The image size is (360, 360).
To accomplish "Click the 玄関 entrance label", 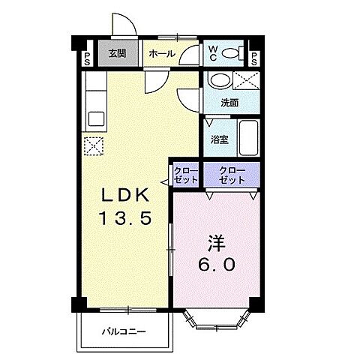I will click(115, 54).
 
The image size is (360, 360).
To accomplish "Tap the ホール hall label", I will click(162, 54).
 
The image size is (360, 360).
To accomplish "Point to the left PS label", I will click(88, 58).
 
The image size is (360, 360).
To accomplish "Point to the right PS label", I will click(254, 58).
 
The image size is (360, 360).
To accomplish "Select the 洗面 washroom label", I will click(229, 103).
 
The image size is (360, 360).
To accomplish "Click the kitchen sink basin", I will click(95, 118).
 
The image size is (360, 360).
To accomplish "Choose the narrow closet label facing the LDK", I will click(186, 177).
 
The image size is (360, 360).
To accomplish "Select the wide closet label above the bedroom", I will click(232, 177).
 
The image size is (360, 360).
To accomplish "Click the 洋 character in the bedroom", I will click(216, 243).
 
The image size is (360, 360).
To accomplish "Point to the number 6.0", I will click(217, 265).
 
